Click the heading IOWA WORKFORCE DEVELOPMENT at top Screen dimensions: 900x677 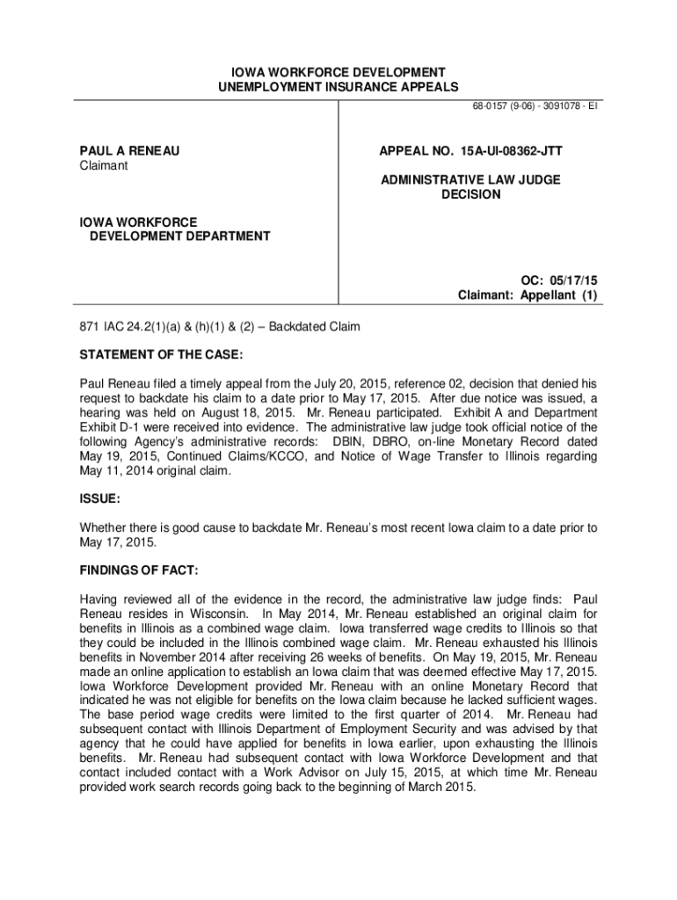[338, 71]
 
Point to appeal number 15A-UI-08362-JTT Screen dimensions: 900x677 [470, 151]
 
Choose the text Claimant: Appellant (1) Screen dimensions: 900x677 [528, 296]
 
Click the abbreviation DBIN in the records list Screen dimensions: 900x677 [350, 441]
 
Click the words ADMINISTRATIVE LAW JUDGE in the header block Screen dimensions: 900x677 [470, 179]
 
